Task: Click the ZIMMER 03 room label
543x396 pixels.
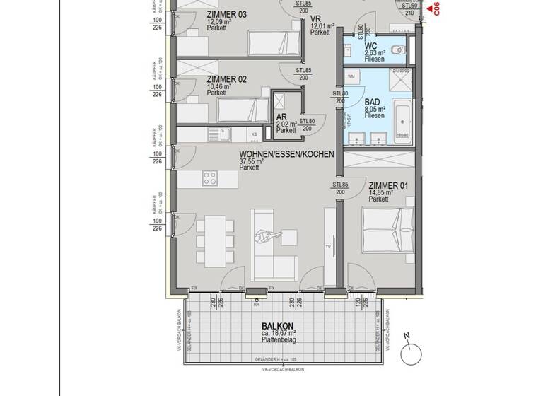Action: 227,15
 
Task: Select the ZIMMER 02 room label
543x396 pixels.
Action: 227,79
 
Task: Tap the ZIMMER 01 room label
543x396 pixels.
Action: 389,186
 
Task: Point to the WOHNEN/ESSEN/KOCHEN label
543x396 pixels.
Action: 286,153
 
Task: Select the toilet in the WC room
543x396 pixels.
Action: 399,50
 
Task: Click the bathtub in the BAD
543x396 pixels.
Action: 401,124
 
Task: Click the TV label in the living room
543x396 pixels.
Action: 328,247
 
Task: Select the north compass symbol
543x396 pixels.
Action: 409,353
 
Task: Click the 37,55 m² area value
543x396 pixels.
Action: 252,161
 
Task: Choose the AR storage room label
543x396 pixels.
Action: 281,117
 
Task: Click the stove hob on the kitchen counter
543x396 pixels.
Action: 210,178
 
